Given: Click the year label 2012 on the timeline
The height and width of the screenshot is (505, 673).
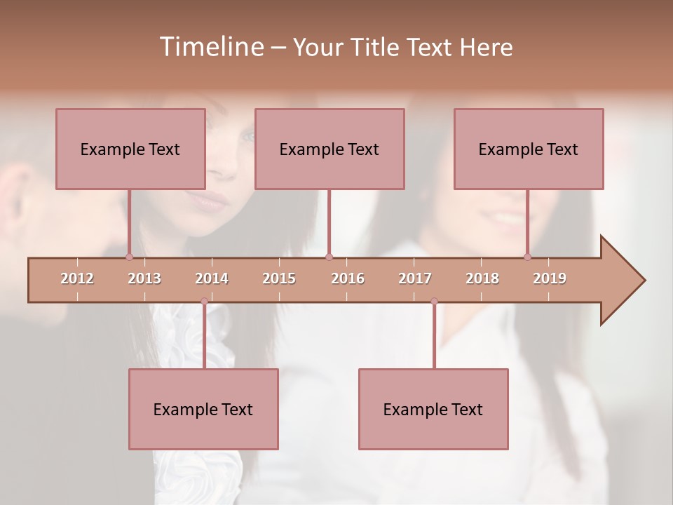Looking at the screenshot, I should click(77, 278).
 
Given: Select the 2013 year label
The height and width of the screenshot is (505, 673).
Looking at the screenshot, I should click(144, 278).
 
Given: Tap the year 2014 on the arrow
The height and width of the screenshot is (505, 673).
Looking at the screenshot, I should click(212, 278).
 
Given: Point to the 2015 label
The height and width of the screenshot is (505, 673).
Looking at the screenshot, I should click(279, 278).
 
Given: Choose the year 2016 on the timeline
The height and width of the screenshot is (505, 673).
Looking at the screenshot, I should click(348, 278).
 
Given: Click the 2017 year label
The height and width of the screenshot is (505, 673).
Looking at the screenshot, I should click(415, 278).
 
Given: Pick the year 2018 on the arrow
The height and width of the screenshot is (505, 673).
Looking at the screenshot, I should click(482, 278).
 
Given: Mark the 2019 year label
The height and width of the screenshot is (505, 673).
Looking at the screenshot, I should click(550, 278).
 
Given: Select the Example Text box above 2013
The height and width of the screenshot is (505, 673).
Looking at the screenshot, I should click(130, 149).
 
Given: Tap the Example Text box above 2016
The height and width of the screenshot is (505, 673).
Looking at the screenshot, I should click(329, 149).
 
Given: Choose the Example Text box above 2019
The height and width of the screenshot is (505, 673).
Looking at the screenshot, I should click(529, 149).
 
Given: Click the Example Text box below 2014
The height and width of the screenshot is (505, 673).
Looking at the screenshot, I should click(203, 409).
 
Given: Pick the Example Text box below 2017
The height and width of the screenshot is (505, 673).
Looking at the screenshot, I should click(433, 409).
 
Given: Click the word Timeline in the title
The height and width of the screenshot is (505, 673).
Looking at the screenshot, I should click(210, 47).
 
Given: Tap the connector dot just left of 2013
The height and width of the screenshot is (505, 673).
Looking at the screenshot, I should click(129, 257).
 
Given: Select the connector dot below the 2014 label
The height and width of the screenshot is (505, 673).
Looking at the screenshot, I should click(204, 302).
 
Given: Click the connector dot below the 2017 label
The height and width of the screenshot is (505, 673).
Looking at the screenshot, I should click(434, 302).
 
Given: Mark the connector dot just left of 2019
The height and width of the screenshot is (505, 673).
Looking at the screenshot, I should click(527, 257).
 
